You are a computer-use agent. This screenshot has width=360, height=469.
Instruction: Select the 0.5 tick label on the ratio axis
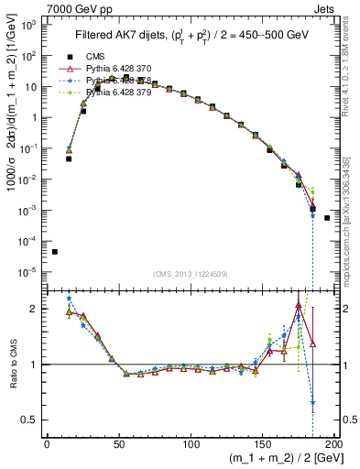pyautogui.click(x=27, y=420)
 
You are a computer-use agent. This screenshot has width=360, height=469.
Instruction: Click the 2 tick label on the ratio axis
pyautogui.click(x=32, y=309)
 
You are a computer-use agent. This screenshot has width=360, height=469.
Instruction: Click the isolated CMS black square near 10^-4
pyautogui.click(x=55, y=252)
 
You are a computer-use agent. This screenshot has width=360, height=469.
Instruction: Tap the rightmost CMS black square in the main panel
pyautogui.click(x=327, y=218)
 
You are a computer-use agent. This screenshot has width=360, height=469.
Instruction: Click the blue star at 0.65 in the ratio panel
pyautogui.click(x=312, y=402)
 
